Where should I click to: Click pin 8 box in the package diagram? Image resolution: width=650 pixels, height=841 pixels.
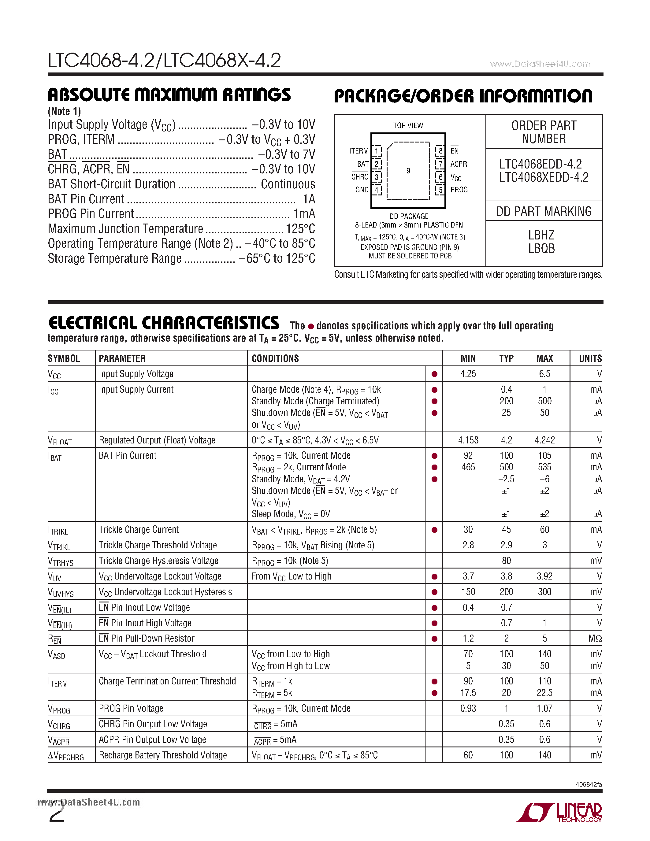[440, 150]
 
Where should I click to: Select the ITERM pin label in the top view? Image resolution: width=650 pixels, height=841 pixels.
[359, 151]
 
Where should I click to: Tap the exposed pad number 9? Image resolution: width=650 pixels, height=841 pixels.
[408, 171]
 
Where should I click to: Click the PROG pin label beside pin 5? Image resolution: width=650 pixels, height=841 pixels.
[459, 190]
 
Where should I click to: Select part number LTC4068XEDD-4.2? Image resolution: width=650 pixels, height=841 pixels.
[544, 177]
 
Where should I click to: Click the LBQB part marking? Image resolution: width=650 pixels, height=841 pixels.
[541, 249]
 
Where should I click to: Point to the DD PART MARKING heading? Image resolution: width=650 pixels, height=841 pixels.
[544, 211]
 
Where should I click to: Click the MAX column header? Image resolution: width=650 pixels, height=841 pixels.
[544, 358]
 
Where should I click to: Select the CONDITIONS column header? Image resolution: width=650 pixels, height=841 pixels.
[275, 358]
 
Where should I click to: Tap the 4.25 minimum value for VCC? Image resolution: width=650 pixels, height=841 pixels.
[468, 374]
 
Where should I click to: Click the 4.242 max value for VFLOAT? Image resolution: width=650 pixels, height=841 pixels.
[544, 440]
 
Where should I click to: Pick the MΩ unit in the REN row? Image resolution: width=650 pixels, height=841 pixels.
[595, 639]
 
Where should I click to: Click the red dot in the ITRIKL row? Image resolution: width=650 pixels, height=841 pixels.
[434, 530]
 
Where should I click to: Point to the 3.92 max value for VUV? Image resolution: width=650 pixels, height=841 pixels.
[544, 576]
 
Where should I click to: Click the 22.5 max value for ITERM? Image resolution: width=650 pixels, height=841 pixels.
[544, 693]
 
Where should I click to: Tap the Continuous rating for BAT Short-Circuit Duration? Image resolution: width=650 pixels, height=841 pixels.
[288, 184]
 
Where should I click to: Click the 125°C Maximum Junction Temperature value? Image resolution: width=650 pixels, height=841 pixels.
[300, 229]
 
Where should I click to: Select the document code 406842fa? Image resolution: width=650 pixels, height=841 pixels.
[589, 784]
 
